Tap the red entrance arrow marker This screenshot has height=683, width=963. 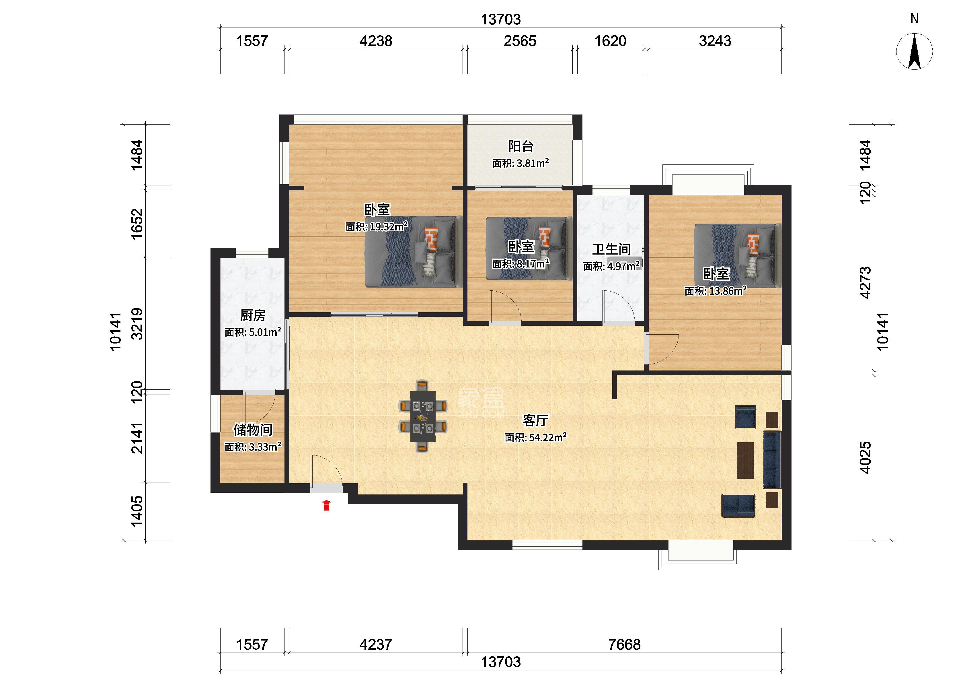326,505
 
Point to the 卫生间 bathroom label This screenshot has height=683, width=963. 611,249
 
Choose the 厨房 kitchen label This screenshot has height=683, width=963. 253,315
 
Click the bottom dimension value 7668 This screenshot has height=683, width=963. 624,644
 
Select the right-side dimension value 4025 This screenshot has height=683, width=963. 865,457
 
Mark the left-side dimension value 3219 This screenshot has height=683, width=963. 137,324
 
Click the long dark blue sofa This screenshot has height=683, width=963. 771,460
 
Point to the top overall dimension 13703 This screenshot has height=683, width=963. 500,19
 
